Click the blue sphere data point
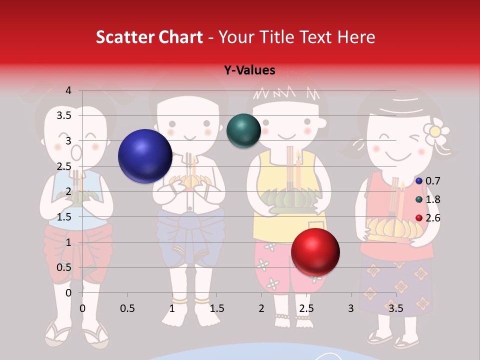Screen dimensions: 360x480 pos(145,156)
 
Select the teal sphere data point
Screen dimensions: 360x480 pos(243,130)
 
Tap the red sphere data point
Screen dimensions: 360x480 pos(315,252)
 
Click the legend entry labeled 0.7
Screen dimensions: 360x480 pos(428,181)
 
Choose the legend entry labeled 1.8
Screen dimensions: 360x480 pos(428,199)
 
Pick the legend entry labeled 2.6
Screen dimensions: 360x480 pos(428,218)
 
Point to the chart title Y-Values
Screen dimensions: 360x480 pos(249,70)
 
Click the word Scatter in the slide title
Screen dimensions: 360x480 pos(121,37)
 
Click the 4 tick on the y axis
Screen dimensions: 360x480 pos(68,90)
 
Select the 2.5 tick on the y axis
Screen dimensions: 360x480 pos(64,166)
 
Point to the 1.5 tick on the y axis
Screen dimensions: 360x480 pos(64,217)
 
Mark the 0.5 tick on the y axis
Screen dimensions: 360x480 pos(64,267)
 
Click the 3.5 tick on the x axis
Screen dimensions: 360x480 pos(396,308)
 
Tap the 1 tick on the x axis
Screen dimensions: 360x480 pos(172,308)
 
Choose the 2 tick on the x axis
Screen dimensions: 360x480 pos(261,308)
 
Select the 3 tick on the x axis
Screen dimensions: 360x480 pos(351,308)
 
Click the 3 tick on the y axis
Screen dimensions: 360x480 pos(68,141)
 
